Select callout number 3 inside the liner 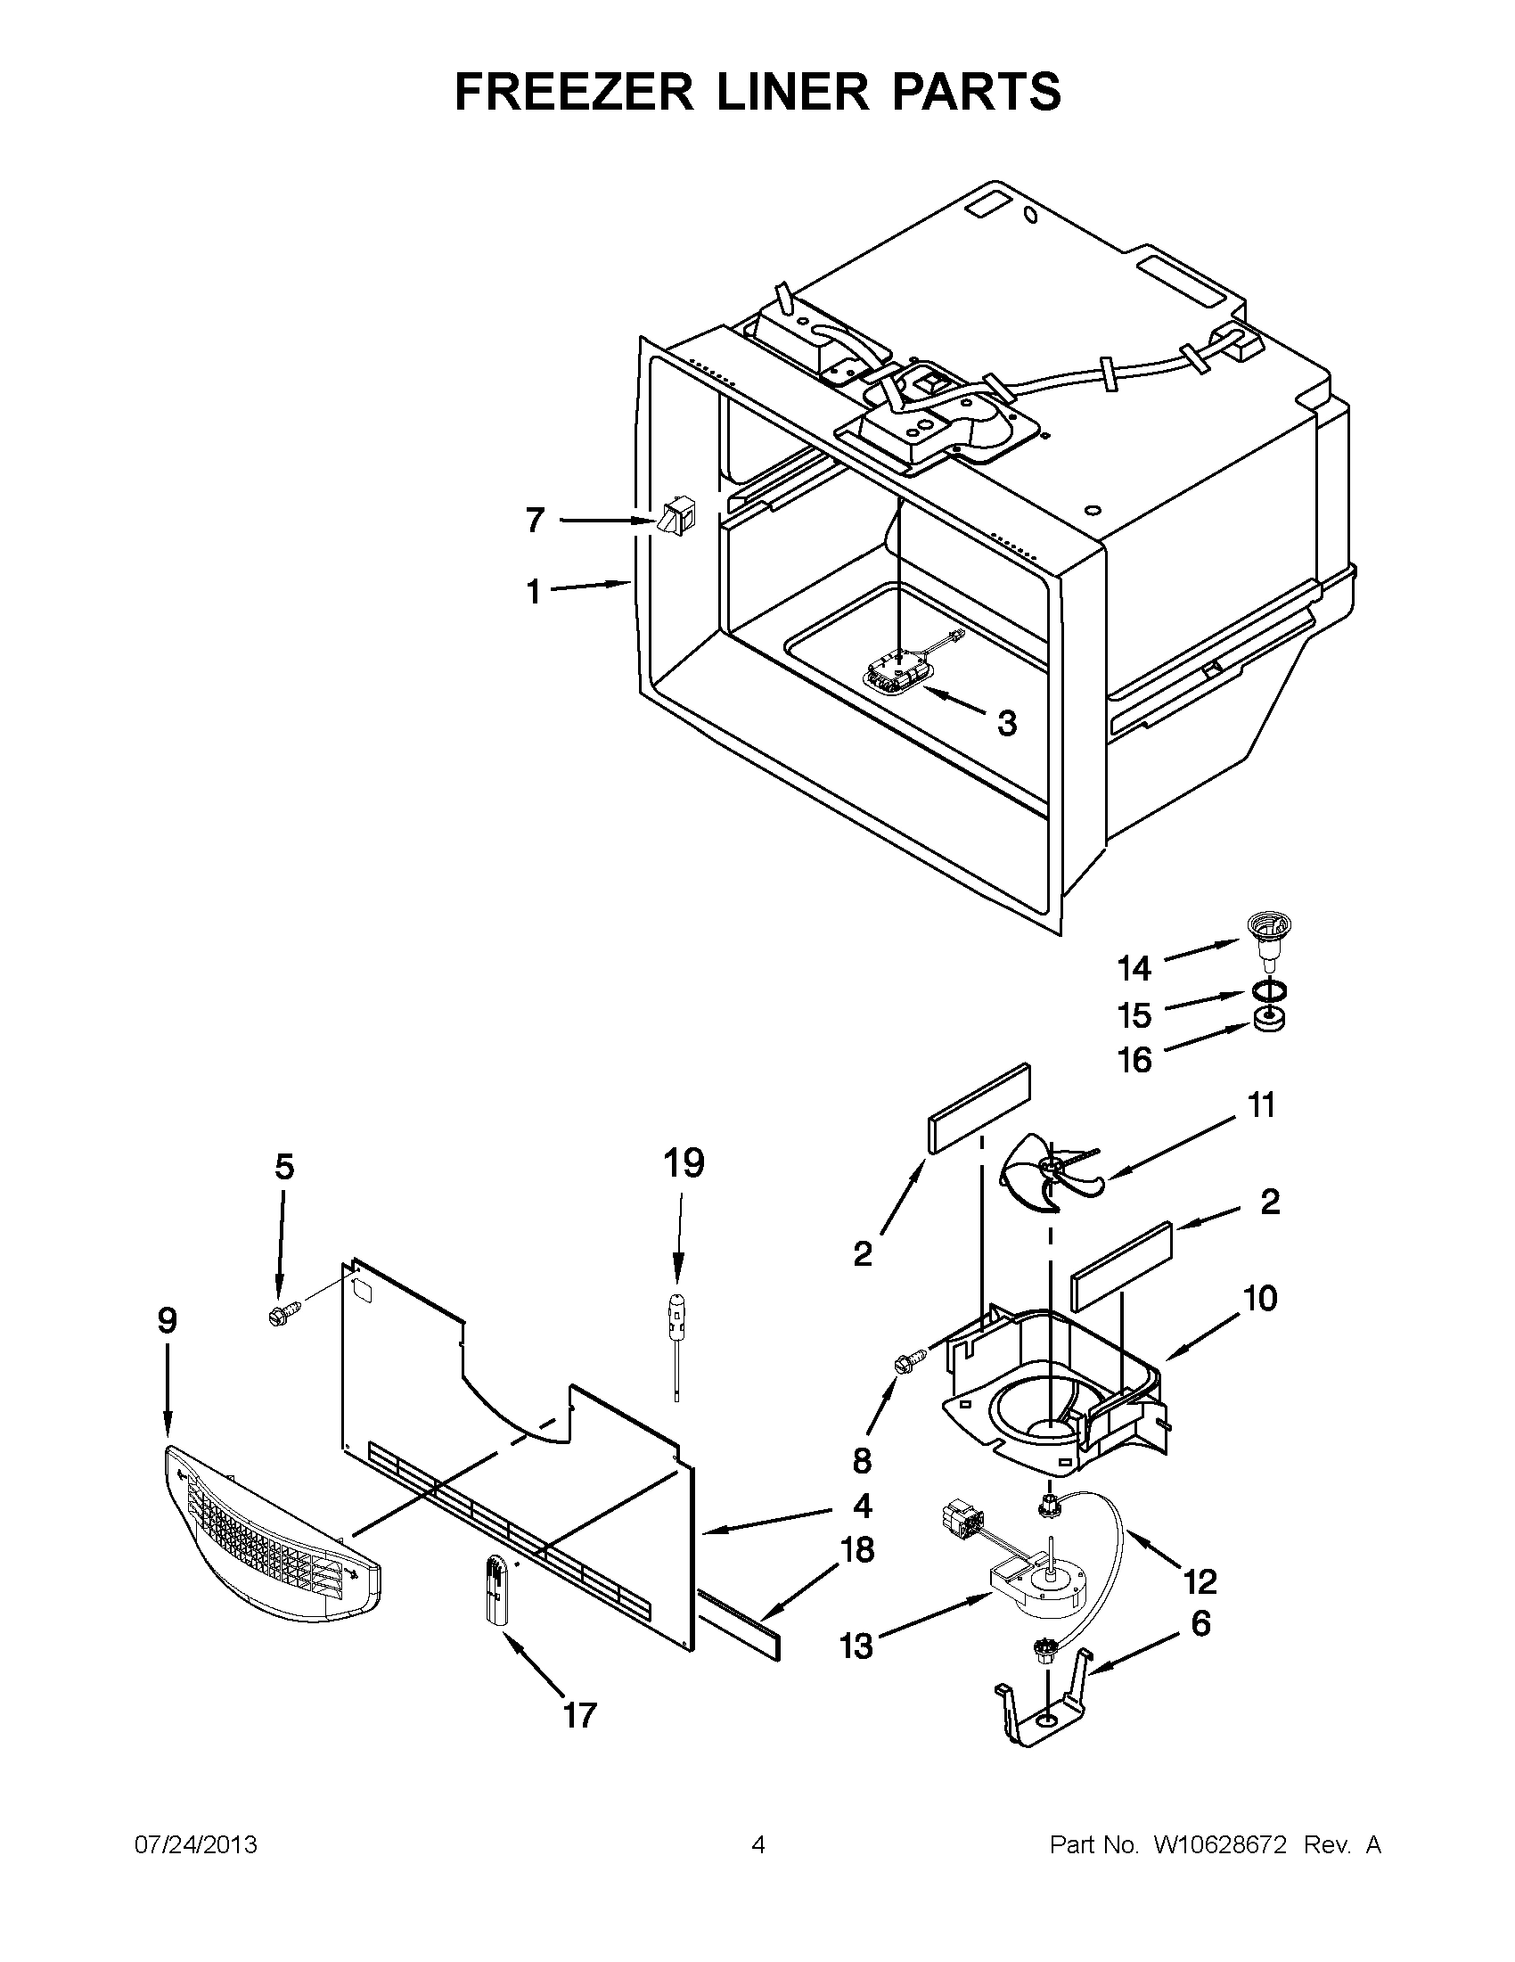pos(1007,722)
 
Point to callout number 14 pos(1134,968)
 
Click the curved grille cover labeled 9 pos(269,1533)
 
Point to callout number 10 pos(1261,1297)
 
